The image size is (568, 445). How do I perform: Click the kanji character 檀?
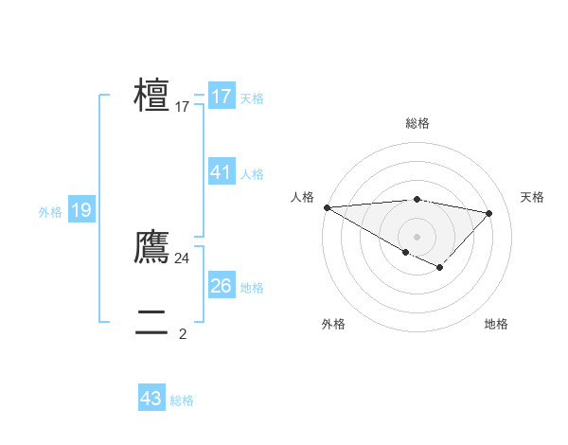(x=152, y=97)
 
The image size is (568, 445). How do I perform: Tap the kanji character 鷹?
(x=152, y=247)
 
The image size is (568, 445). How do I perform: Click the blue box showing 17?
(x=221, y=97)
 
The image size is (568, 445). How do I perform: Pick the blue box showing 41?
(x=221, y=172)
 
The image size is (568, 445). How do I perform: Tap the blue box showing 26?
(x=221, y=286)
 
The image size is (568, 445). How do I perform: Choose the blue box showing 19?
(x=80, y=210)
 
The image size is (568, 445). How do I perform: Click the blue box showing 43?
(x=151, y=399)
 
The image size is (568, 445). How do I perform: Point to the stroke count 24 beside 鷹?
(x=182, y=258)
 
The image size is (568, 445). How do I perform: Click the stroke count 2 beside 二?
(x=182, y=333)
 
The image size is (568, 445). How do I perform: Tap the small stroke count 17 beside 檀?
(x=182, y=107)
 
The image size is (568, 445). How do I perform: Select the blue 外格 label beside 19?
(x=50, y=212)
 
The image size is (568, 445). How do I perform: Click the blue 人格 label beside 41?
(x=252, y=174)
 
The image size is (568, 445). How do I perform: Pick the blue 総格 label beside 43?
(x=182, y=400)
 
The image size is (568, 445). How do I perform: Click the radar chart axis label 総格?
(x=417, y=123)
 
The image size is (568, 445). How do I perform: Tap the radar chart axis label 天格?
(x=532, y=197)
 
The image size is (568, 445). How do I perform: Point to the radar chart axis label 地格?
(x=496, y=324)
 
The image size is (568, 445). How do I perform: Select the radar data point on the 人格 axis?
(x=327, y=207)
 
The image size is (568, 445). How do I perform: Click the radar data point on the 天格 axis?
(x=488, y=213)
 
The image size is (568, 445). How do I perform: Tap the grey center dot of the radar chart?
(x=417, y=236)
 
